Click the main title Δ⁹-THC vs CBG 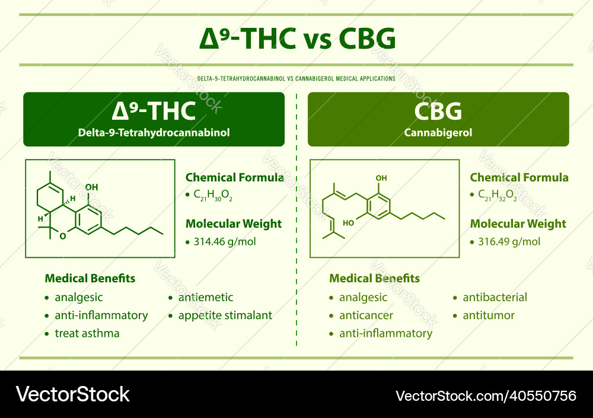click(296, 39)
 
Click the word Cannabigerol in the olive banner click(438, 133)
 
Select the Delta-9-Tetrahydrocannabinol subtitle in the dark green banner click(154, 133)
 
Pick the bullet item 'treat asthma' click(87, 333)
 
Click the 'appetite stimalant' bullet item click(225, 315)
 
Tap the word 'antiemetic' click(206, 298)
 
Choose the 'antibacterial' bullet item click(495, 298)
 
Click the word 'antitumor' click(489, 315)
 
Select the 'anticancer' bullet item click(366, 315)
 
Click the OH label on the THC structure click(92, 187)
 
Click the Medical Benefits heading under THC click(90, 278)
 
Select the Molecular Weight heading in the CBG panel click(518, 224)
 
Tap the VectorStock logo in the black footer click(73, 394)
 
